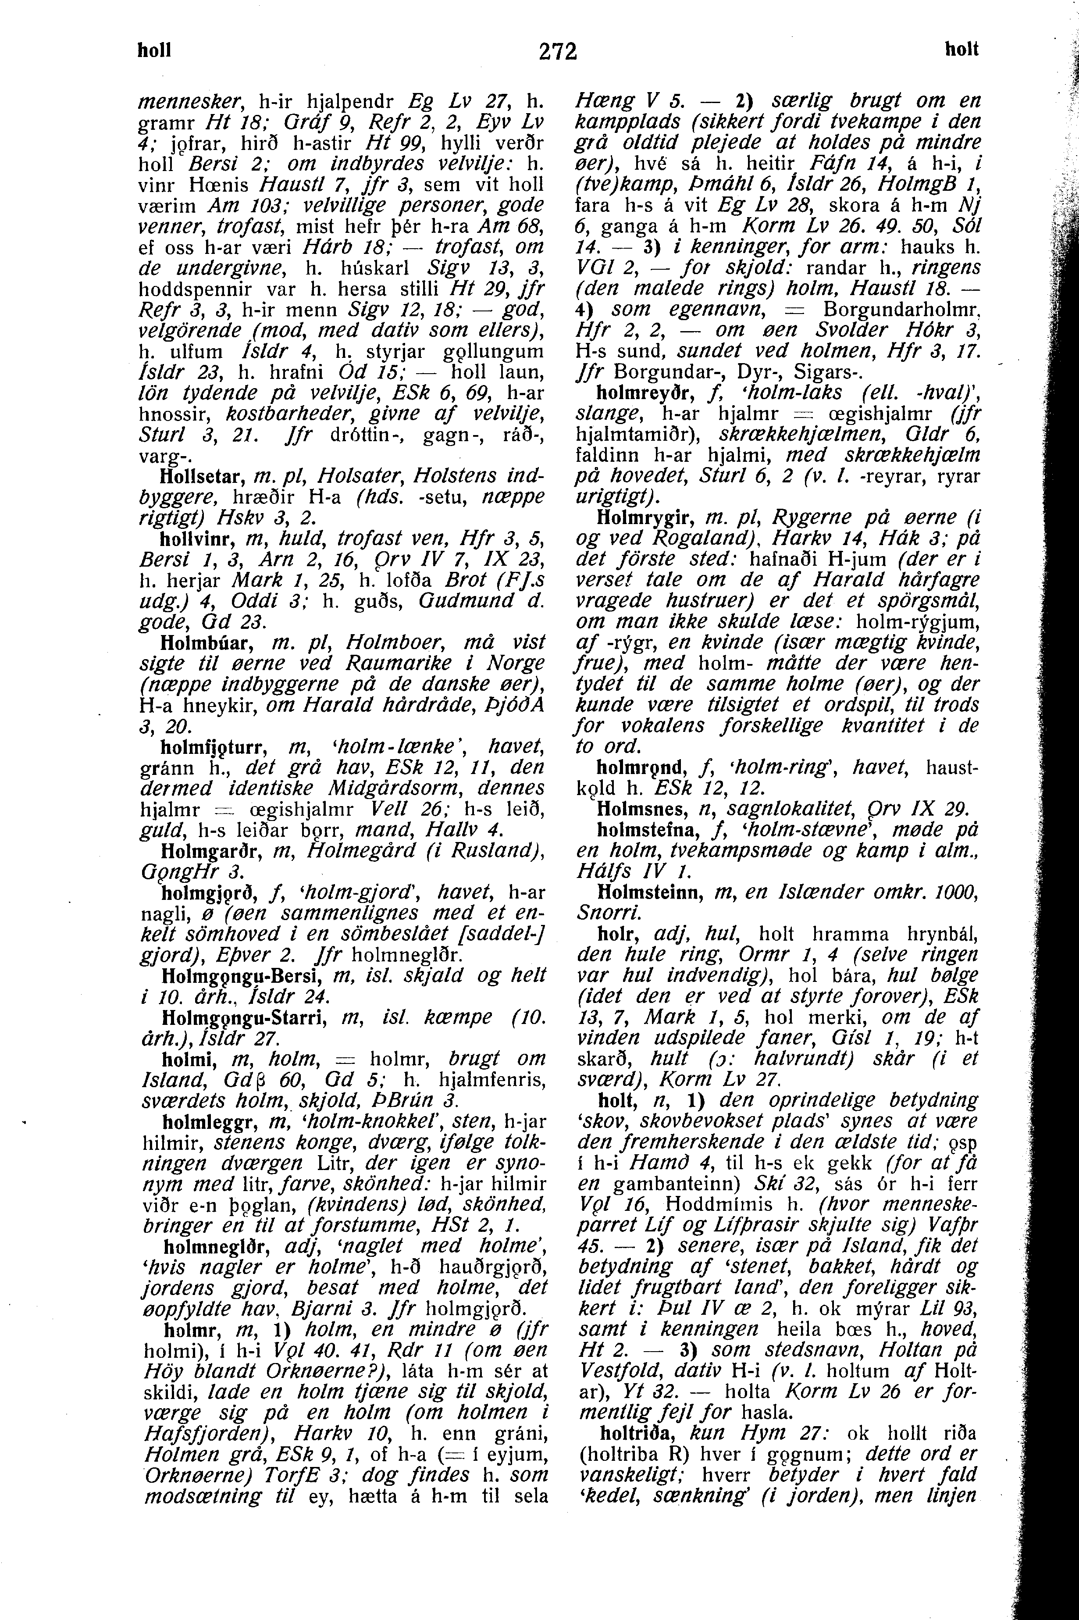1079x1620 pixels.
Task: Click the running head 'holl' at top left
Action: point(154,50)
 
